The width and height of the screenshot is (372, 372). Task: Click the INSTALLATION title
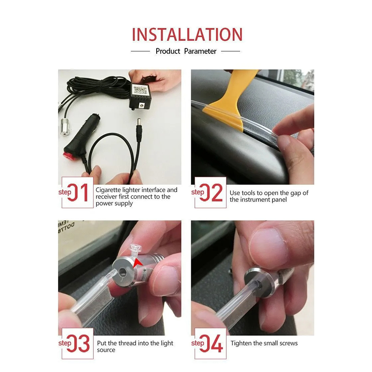(187, 34)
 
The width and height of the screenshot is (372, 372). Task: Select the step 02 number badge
(207, 193)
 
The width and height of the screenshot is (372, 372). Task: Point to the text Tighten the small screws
(264, 343)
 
